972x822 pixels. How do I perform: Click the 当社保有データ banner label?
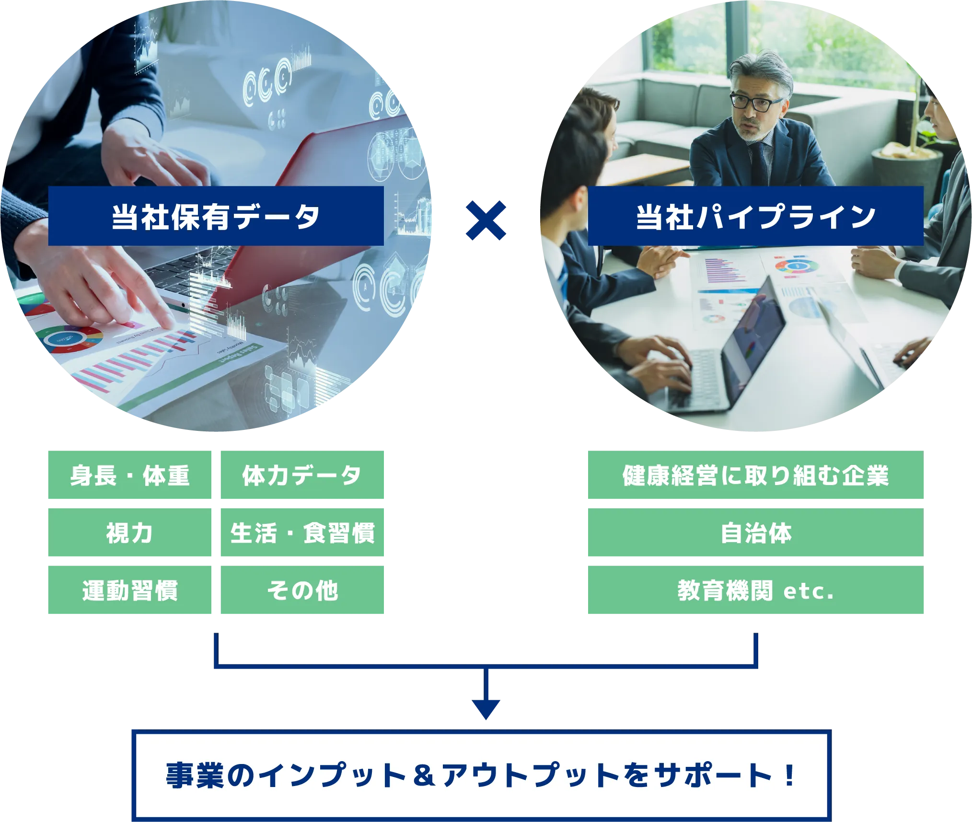[216, 217]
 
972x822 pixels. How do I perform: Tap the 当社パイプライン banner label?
[755, 217]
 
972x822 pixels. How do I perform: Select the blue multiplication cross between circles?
[486, 220]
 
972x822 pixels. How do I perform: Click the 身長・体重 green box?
[130, 475]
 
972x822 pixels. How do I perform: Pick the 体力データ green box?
[302, 475]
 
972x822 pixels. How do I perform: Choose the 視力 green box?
[130, 533]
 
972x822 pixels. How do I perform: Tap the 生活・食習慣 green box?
[302, 533]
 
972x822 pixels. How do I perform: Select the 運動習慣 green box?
[130, 590]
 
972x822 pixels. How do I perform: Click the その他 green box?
[302, 590]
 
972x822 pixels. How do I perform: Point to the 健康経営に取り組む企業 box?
[755, 475]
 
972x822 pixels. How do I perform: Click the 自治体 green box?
[755, 533]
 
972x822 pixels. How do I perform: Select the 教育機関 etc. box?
[755, 590]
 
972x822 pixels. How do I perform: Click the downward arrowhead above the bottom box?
[486, 708]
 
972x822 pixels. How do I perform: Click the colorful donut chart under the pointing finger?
[74, 338]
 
